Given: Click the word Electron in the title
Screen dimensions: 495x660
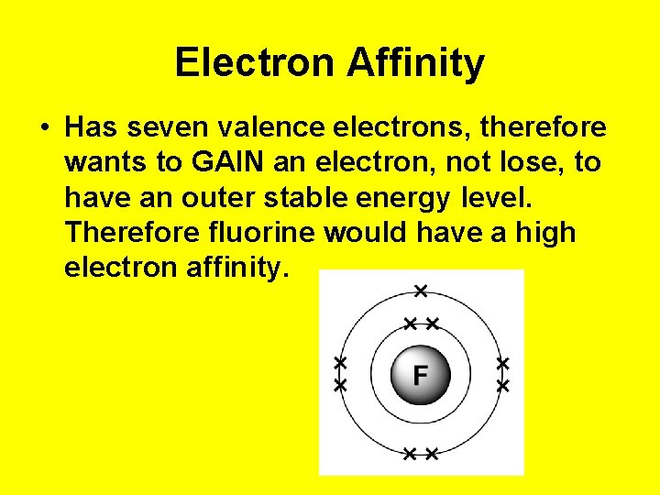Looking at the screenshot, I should pos(256,63).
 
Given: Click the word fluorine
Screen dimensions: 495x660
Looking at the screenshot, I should pos(267,232).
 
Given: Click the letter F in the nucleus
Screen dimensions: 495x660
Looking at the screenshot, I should pos(421,375).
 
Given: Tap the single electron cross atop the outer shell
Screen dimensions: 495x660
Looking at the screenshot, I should pos(421,291).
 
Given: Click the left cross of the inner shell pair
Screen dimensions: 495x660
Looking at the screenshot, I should pos(411,324).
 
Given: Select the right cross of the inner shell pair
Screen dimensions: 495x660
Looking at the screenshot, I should pos(433,324).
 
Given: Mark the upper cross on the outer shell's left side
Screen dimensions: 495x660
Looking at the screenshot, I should pos(340,364).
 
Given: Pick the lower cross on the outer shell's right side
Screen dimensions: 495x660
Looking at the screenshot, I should pos(502,387).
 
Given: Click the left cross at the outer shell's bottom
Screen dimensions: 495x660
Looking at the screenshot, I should pos(410,453).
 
